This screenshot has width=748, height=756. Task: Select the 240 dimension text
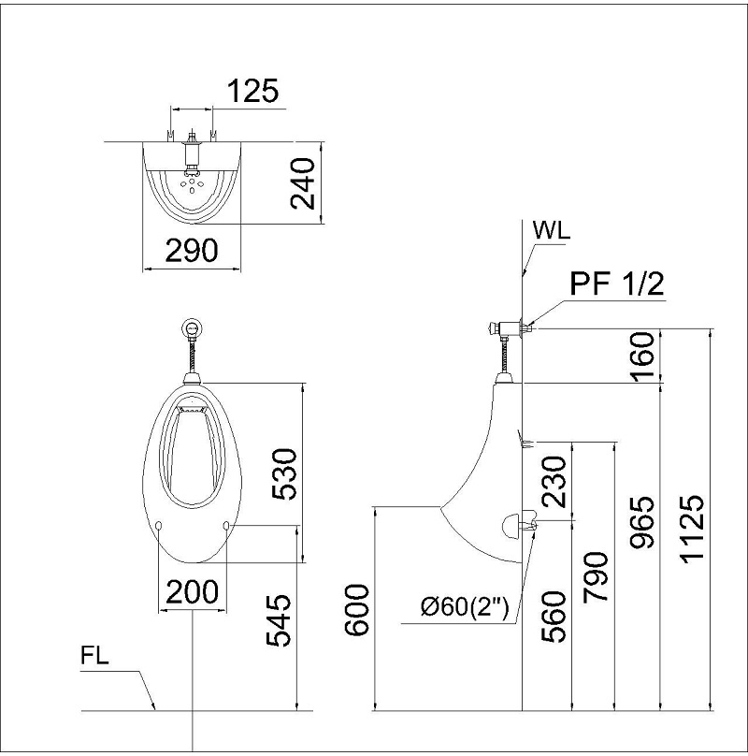(x=303, y=183)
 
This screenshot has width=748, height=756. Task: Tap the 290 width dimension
(x=192, y=250)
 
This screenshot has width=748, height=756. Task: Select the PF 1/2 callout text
(x=618, y=283)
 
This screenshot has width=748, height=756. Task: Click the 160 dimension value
(x=642, y=356)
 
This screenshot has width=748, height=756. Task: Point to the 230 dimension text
(x=555, y=482)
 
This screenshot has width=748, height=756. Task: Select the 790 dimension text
(x=597, y=576)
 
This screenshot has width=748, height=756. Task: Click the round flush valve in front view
(x=193, y=328)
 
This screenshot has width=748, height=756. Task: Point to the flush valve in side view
(x=506, y=328)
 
